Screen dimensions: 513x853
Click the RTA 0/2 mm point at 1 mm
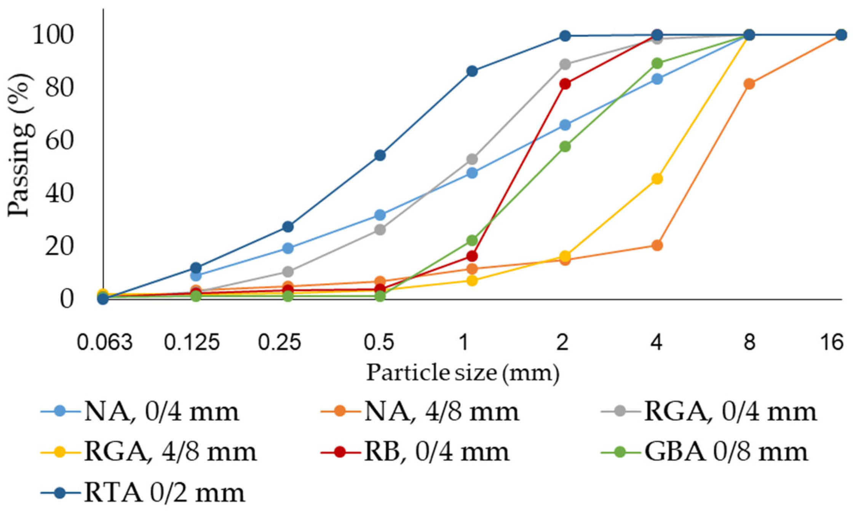[x=472, y=71]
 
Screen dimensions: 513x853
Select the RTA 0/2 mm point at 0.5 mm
[x=380, y=155]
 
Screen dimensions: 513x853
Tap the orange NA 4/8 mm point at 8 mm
[x=749, y=84]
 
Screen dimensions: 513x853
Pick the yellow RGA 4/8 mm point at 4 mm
[x=657, y=179]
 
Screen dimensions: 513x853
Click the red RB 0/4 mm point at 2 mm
[x=565, y=84]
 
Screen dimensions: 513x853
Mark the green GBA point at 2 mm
[x=565, y=147]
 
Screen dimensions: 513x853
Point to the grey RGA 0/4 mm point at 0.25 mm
[x=288, y=272]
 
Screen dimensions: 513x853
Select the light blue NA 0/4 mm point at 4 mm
[x=657, y=79]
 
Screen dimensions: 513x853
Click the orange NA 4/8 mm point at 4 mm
[x=657, y=245]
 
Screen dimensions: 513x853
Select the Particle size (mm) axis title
[x=462, y=373]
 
